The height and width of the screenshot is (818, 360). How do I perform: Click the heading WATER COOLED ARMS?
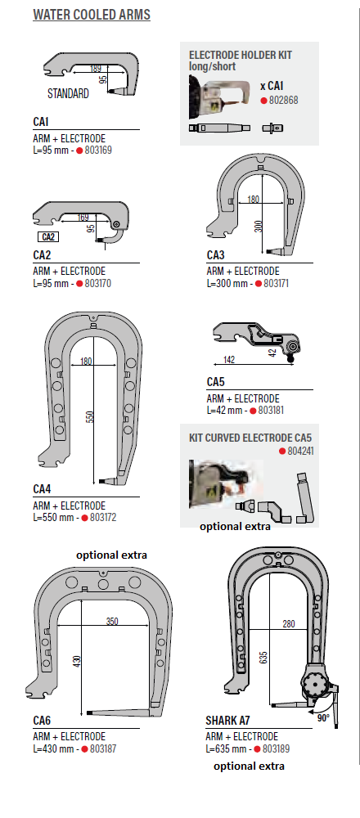pyautogui.click(x=92, y=15)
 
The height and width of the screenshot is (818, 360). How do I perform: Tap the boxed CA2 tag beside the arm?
pyautogui.click(x=48, y=237)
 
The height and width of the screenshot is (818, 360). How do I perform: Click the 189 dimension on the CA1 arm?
pyautogui.click(x=96, y=69)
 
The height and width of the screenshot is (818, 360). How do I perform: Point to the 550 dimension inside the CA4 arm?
pyautogui.click(x=89, y=416)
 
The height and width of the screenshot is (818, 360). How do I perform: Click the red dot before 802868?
pyautogui.click(x=264, y=100)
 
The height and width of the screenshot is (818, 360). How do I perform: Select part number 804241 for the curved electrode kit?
pyautogui.click(x=300, y=452)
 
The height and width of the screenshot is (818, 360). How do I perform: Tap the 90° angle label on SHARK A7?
pyautogui.click(x=323, y=718)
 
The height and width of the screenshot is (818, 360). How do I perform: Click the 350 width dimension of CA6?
pyautogui.click(x=111, y=621)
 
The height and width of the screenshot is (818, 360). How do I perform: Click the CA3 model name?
pyautogui.click(x=215, y=255)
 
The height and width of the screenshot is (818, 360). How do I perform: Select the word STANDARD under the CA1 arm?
pyautogui.click(x=68, y=94)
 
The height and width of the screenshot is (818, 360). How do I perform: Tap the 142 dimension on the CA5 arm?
pyautogui.click(x=228, y=359)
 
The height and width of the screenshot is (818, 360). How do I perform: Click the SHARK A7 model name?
pyautogui.click(x=227, y=721)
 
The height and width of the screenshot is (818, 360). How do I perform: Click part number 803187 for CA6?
pyautogui.click(x=103, y=748)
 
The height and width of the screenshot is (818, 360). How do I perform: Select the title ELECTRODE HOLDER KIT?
pyautogui.click(x=241, y=55)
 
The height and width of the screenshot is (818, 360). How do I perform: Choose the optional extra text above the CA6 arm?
pyautogui.click(x=111, y=555)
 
